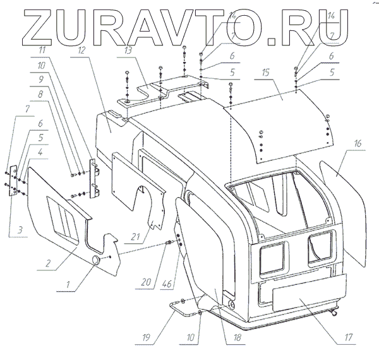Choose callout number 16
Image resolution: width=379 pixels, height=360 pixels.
(x=358, y=145)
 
